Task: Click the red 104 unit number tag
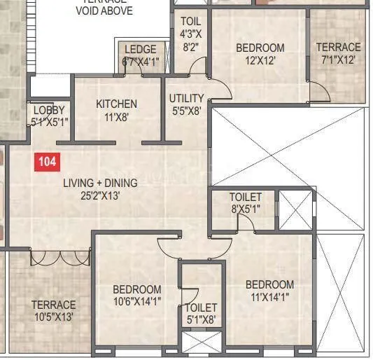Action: (47, 162)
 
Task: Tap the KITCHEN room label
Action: (116, 104)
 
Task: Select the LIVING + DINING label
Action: (100, 184)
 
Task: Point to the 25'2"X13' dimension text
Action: (100, 196)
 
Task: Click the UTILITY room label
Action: (186, 98)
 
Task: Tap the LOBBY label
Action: (48, 111)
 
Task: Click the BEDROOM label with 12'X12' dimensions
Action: (260, 48)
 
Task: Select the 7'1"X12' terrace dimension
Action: (337, 60)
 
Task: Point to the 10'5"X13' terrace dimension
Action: (52, 317)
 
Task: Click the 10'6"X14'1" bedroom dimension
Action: (137, 302)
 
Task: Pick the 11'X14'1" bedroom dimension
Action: (269, 297)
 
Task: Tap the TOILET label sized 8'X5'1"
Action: (245, 198)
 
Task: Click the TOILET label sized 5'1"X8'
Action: (201, 307)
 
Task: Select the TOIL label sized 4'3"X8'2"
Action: (190, 22)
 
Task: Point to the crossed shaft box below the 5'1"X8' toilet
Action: (201, 342)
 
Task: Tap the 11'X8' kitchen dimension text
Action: (116, 117)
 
